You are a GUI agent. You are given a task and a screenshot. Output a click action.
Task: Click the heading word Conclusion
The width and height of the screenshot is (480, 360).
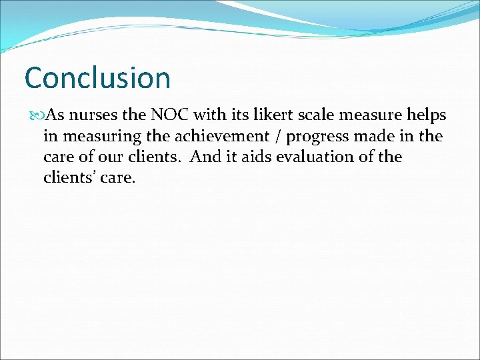[x=97, y=77]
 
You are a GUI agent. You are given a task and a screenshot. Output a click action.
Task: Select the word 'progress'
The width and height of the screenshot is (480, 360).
[x=316, y=137]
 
